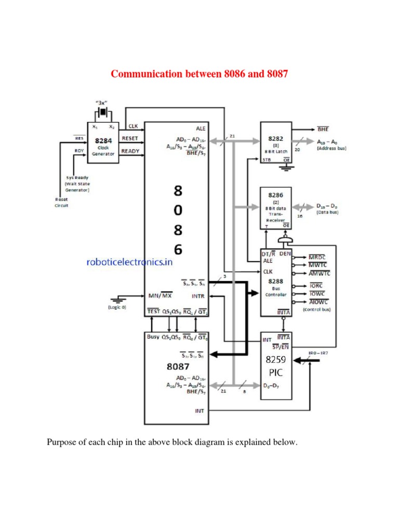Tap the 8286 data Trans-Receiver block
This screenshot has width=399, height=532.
tap(275, 207)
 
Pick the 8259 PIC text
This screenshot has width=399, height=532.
tap(275, 366)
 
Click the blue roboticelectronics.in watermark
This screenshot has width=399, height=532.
tap(129, 263)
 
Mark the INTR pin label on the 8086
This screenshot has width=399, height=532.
tap(198, 296)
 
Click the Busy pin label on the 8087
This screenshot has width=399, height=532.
tap(153, 337)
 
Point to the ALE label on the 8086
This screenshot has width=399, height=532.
tap(201, 128)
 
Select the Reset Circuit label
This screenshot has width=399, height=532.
tap(62, 202)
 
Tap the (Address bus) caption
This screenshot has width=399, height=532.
tap(331, 149)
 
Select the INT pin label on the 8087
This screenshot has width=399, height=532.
tap(199, 410)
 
